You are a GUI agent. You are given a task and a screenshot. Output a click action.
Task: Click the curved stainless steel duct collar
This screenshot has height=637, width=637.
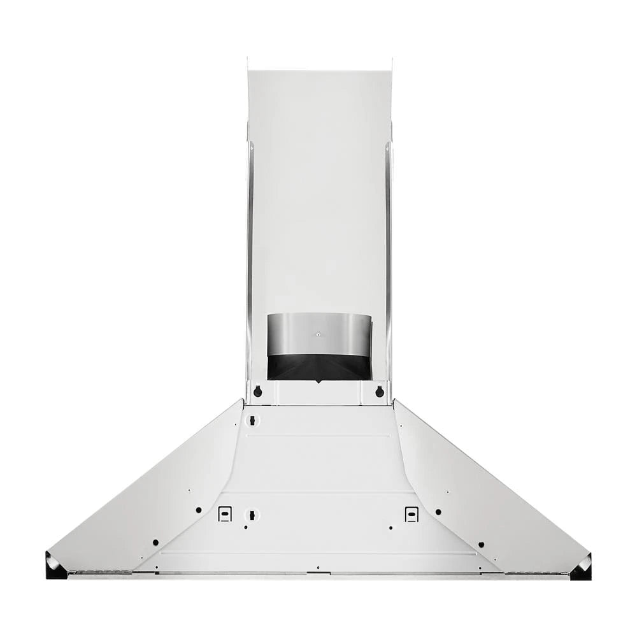[318, 334]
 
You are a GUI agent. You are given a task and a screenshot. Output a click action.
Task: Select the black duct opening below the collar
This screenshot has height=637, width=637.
[318, 368]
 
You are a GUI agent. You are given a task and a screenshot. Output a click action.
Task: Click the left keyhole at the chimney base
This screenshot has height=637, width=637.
[257, 392]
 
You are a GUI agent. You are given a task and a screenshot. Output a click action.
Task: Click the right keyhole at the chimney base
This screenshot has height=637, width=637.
[380, 392]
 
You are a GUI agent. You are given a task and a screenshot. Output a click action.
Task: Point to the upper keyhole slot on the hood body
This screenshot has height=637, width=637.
[252, 420]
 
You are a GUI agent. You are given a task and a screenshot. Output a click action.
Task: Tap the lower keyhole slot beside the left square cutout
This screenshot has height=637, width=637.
[252, 513]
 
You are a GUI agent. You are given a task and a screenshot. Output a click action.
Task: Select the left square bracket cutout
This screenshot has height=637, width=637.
[224, 513]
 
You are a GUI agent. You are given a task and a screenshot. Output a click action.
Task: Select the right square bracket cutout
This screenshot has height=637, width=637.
[412, 513]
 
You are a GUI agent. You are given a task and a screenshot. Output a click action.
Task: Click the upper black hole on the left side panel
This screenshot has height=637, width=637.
[199, 510]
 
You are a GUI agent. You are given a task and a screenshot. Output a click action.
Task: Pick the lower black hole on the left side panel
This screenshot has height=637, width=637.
[155, 543]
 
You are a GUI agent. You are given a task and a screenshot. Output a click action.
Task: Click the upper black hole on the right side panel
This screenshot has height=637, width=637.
[438, 512]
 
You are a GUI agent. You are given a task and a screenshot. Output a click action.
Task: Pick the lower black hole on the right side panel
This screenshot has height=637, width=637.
[481, 545]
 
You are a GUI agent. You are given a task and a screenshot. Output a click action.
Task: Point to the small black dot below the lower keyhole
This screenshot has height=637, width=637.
[245, 527]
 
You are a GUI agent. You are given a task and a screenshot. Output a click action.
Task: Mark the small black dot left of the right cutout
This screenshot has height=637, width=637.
[391, 527]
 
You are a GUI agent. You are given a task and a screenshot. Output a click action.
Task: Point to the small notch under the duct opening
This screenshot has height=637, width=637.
[318, 382]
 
